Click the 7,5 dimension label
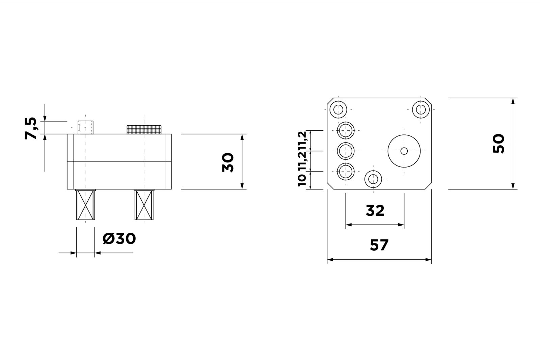coord(31,128)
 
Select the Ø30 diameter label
coord(119,239)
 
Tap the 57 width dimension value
coord(379,245)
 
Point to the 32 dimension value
coord(375,210)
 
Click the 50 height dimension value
coord(498,144)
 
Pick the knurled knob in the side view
coord(144,130)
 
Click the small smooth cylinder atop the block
coord(86,127)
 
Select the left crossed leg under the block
coord(86,205)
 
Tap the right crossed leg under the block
coord(144,205)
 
